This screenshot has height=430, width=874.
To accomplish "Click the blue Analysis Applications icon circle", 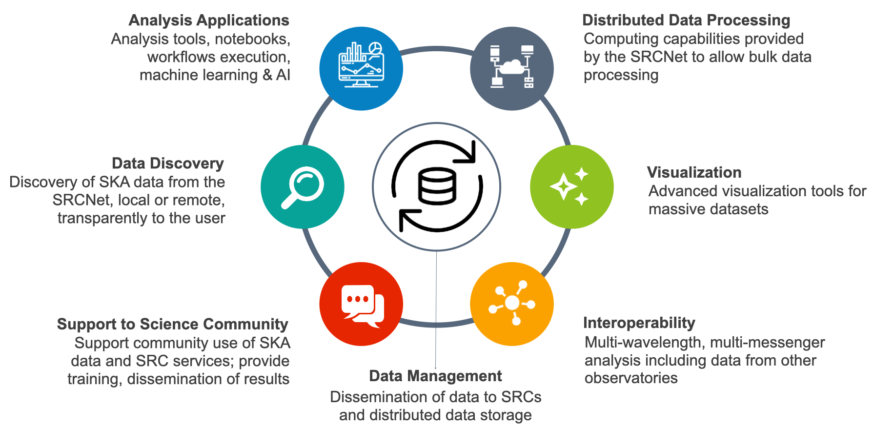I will pos(361,68).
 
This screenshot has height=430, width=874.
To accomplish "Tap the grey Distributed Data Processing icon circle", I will pos(512,68).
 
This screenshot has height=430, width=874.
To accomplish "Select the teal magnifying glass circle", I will pos(303,187).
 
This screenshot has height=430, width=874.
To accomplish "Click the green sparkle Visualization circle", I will pos(571,187).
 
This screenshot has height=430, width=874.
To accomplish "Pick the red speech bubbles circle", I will pos(361,304).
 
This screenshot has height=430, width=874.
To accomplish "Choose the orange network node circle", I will pos(512,304).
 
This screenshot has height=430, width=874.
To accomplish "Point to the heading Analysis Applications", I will pos(209,20).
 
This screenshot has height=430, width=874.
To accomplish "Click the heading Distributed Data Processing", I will pos(686,20).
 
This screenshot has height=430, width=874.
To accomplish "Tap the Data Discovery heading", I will pos(168,164).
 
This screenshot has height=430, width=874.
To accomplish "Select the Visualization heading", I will pos(694,172).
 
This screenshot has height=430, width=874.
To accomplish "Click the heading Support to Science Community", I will pos(173,324).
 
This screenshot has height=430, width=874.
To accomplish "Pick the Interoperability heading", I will pos(639,323).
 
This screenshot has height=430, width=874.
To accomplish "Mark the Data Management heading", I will pos(435,376).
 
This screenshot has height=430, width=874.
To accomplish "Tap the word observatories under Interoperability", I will pos(631,378).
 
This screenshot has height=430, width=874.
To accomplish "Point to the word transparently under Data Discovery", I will pos(102,218).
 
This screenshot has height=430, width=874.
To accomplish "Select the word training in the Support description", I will pos(95,379).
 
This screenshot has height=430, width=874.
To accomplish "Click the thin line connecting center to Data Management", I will pos(436,312).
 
